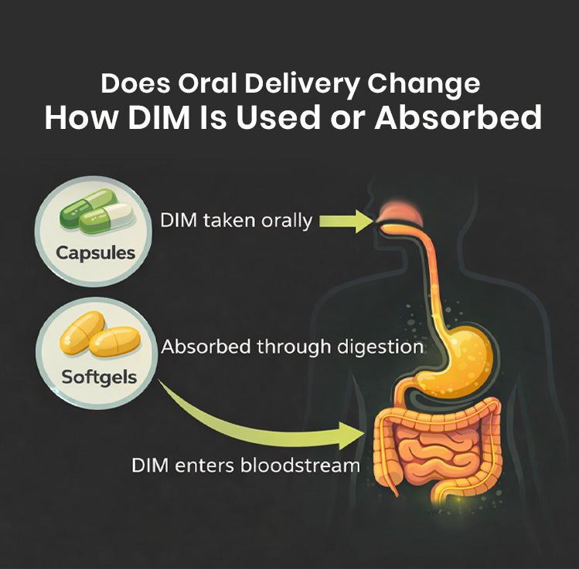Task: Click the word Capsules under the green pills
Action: [95, 252]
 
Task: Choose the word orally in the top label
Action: [281, 221]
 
